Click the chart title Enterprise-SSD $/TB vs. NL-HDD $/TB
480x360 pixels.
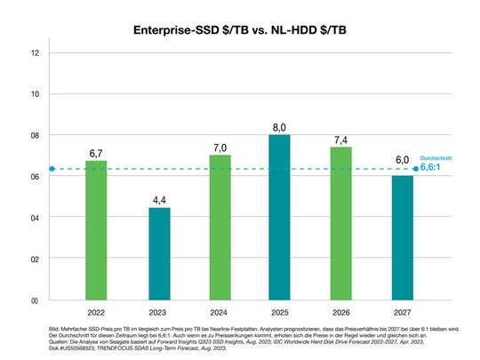coord(240,30)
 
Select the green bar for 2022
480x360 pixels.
coord(96,230)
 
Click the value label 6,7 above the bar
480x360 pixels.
coord(96,154)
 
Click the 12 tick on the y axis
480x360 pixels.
coord(35,52)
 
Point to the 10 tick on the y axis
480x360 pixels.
coord(35,94)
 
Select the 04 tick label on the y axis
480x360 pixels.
coord(35,218)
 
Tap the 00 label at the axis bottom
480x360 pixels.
coord(35,300)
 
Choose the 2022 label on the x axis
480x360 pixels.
coord(96,313)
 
